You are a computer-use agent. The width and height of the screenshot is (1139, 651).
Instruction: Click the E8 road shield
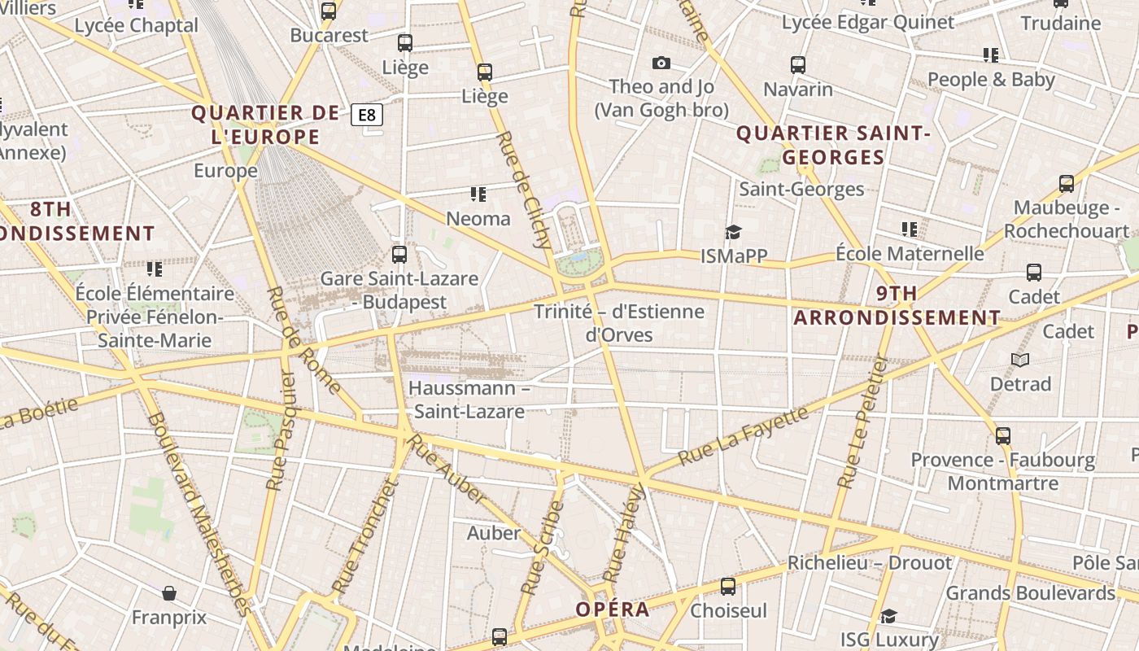(367, 115)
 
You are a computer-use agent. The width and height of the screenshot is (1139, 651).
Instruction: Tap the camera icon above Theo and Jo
(661, 63)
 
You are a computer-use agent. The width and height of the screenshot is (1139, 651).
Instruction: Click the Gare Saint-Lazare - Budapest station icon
(399, 255)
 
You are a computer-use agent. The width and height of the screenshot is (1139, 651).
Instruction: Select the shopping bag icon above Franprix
(169, 593)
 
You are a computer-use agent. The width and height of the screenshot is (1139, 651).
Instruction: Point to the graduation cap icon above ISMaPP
(734, 233)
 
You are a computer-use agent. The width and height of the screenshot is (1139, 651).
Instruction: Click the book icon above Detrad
(1020, 360)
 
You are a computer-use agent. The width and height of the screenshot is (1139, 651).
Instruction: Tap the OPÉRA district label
(613, 609)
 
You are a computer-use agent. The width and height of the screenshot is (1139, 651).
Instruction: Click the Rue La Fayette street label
(743, 435)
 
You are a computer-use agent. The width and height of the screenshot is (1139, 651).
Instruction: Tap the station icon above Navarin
(798, 65)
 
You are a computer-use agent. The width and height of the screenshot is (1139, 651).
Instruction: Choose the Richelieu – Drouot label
(869, 563)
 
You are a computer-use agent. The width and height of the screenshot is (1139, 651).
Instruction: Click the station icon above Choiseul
(728, 587)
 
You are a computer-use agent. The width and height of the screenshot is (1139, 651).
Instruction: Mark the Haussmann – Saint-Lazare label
(469, 400)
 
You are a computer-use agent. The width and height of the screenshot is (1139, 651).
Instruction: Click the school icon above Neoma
(478, 194)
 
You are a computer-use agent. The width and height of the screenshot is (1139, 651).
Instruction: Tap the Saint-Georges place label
(801, 189)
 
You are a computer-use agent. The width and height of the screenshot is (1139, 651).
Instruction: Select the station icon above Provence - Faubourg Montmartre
(1003, 436)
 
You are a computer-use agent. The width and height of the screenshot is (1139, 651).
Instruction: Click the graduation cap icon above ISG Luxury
(889, 616)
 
